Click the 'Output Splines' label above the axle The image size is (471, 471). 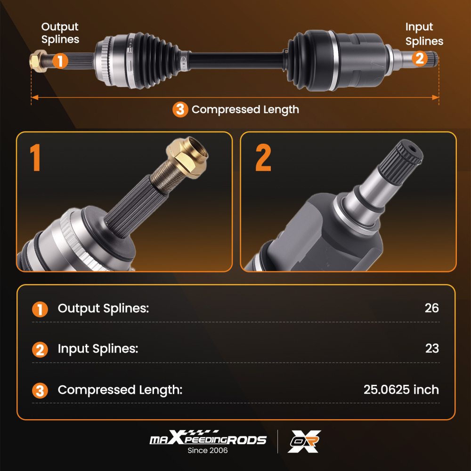coord(60,33)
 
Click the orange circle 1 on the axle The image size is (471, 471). coord(60,61)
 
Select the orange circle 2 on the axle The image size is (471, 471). coord(419,58)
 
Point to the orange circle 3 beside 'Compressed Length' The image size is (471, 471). coord(180,110)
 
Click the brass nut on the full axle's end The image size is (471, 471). coord(35,61)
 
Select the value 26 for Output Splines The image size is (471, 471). coord(431,308)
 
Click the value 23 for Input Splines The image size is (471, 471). coord(431,349)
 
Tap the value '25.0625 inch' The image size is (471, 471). coord(401,390)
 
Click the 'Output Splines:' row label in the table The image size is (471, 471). coord(103,309)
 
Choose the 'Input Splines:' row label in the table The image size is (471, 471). coord(98,349)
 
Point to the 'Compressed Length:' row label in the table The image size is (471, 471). coord(120,390)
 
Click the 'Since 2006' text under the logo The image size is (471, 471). coord(208,450)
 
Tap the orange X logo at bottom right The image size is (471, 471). coord(305,441)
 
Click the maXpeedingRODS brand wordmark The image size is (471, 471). coord(208,439)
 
